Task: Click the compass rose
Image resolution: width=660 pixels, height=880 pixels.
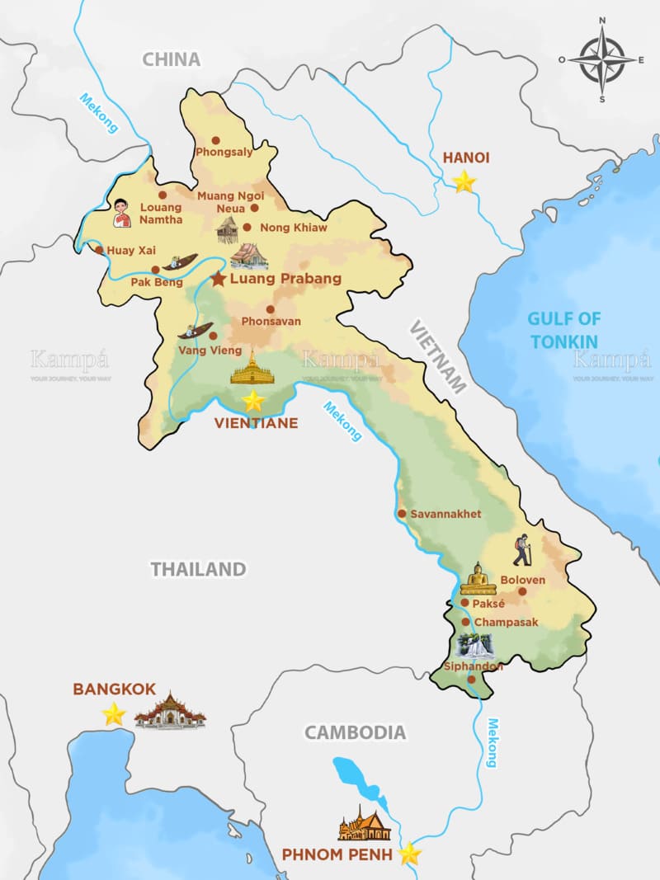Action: coord(602,59)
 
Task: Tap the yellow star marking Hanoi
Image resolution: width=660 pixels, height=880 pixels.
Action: coord(464,181)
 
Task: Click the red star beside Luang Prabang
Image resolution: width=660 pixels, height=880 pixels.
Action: coord(218,279)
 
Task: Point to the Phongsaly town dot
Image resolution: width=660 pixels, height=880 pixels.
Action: coord(216,140)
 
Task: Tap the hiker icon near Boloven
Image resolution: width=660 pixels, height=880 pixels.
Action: coord(521,550)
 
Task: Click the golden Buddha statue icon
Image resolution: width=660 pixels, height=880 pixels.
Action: coord(478,579)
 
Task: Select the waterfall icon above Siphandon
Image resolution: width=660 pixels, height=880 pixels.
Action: coord(475,646)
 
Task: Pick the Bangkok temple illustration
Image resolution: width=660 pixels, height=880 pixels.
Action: coord(170,711)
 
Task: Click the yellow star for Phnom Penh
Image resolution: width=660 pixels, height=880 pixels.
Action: coord(409,854)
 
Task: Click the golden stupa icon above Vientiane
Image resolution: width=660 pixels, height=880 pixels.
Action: coord(252,369)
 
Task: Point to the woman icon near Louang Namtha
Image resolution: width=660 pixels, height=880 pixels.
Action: coord(122,213)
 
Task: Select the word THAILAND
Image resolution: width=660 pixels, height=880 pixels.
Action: coord(198,569)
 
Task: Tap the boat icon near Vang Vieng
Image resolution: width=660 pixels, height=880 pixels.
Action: coord(196,331)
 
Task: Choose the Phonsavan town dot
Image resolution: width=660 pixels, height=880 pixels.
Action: coord(270,309)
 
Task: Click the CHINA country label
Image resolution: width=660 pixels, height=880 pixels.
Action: coord(172,59)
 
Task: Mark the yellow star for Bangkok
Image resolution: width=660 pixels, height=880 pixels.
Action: coord(114,713)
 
